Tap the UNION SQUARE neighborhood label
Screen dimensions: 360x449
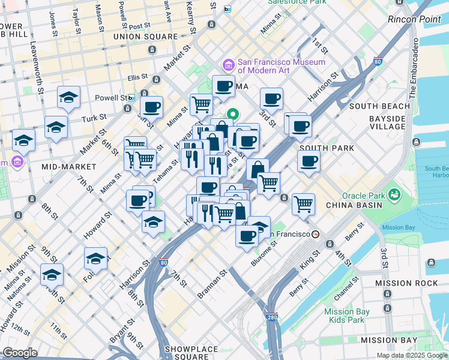click(145, 37)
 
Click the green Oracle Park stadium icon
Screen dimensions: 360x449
click(394, 194)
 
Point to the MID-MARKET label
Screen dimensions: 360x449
click(69, 166)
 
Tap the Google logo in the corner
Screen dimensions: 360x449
click(19, 353)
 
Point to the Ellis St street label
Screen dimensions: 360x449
click(137, 77)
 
